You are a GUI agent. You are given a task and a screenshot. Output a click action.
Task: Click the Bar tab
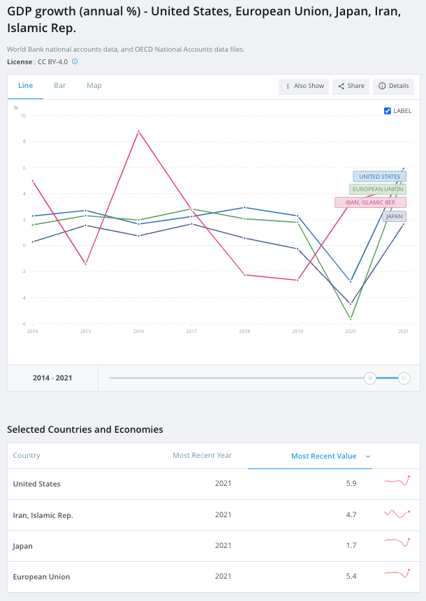(x=60, y=85)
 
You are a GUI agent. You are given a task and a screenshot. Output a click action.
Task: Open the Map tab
(x=94, y=85)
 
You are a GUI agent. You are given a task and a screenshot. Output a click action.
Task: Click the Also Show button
(x=304, y=87)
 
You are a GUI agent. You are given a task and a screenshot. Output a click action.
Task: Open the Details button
(x=393, y=87)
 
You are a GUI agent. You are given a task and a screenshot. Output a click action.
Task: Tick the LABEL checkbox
(x=388, y=111)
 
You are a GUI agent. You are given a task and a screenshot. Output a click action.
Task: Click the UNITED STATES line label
(x=380, y=177)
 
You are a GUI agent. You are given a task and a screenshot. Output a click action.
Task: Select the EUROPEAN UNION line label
(x=378, y=189)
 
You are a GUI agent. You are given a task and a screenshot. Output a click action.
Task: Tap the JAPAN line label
(x=394, y=216)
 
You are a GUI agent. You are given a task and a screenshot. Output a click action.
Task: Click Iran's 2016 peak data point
(x=138, y=131)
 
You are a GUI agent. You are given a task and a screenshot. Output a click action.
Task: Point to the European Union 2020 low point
(x=351, y=319)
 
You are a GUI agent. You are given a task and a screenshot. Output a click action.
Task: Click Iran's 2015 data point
(x=85, y=264)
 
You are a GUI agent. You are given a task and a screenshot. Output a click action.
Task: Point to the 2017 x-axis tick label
(x=191, y=331)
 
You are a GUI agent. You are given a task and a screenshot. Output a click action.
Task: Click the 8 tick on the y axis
(x=24, y=142)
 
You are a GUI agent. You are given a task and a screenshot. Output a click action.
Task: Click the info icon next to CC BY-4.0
(x=75, y=61)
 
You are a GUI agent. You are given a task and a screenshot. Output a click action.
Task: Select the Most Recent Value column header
(x=324, y=456)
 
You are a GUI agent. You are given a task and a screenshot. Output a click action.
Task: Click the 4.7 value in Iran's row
(x=351, y=514)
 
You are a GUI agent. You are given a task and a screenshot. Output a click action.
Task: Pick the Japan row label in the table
(x=22, y=546)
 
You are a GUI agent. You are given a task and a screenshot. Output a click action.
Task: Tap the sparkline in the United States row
(x=397, y=481)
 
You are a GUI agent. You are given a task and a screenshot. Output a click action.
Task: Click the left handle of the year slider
(x=370, y=378)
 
